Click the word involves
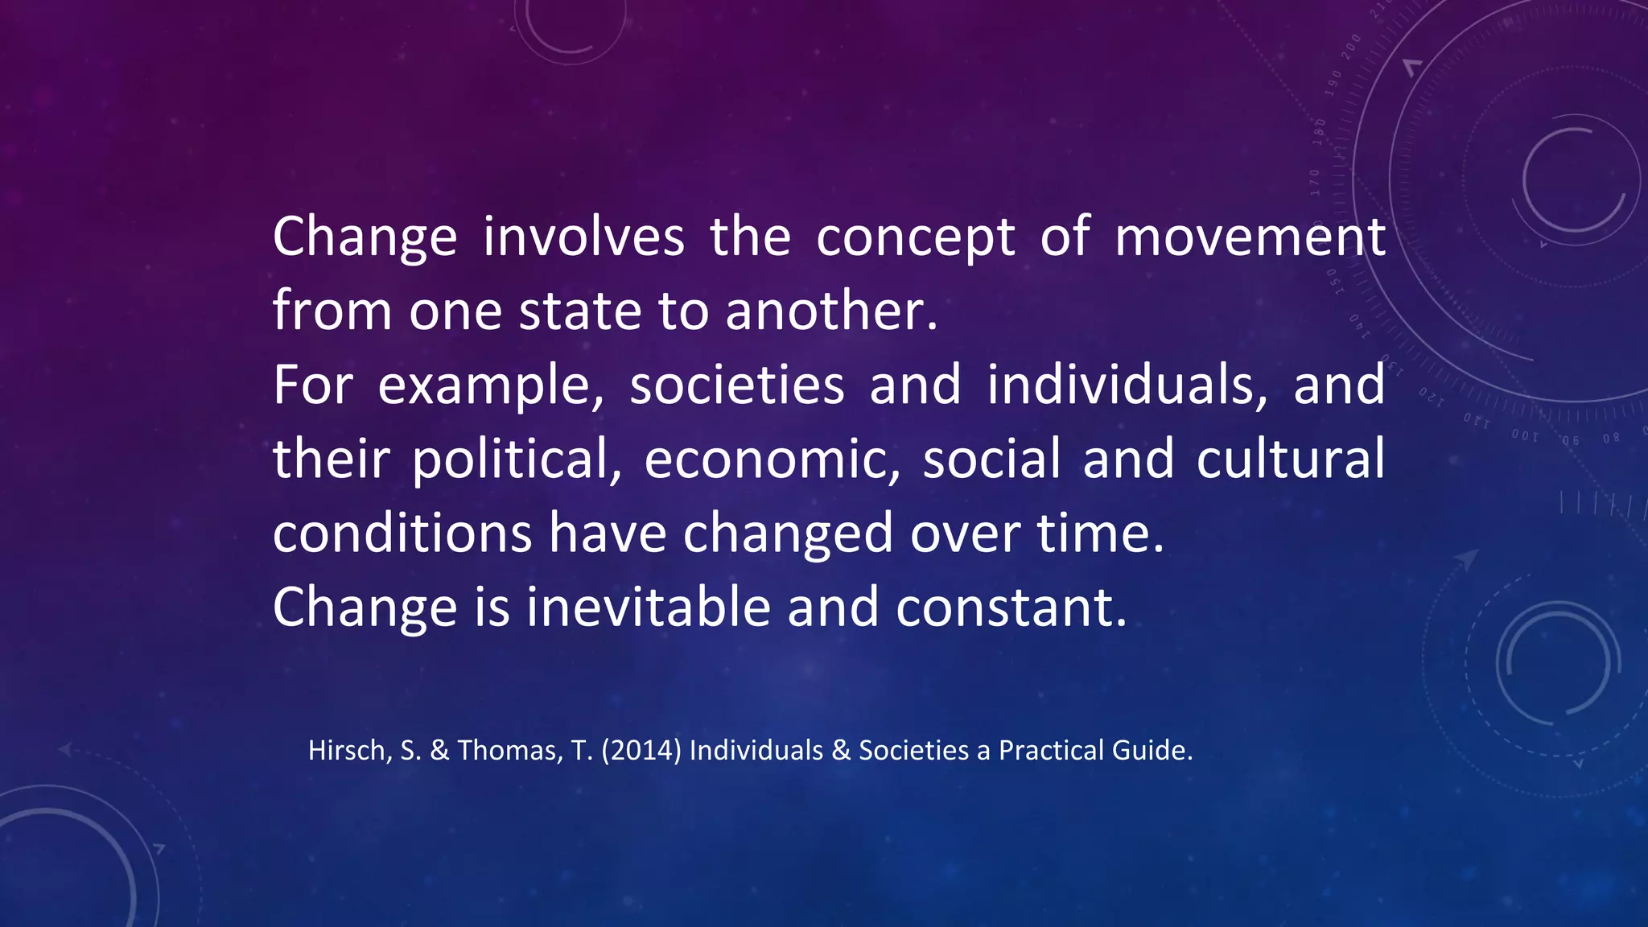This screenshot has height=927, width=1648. pyautogui.click(x=583, y=237)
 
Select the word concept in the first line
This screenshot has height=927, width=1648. pyautogui.click(x=915, y=239)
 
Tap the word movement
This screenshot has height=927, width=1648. pyautogui.click(x=1250, y=237)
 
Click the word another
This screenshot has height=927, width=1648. pyautogui.click(x=831, y=311)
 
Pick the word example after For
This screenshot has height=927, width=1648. pyautogui.click(x=490, y=386)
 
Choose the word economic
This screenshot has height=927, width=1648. pyautogui.click(x=772, y=460)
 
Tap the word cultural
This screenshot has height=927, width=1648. pyautogui.click(x=1290, y=459)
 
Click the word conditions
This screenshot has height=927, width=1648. pyautogui.click(x=402, y=533)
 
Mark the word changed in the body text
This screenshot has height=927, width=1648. pyautogui.click(x=788, y=534)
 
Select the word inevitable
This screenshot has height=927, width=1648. pyautogui.click(x=649, y=607)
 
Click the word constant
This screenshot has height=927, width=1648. pyautogui.click(x=1011, y=607)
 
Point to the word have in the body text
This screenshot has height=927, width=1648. pyautogui.click(x=608, y=533)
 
